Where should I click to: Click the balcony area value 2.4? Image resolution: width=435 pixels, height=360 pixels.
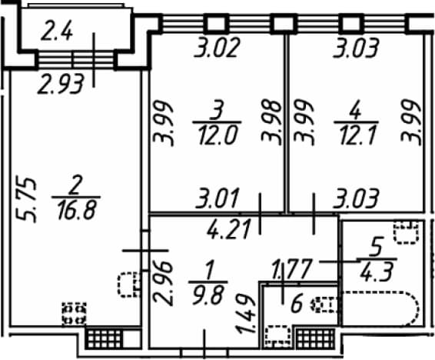pos(57,32)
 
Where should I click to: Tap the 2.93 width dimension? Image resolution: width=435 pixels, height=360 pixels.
pos(61,84)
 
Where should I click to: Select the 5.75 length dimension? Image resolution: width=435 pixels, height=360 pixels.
pos(26,199)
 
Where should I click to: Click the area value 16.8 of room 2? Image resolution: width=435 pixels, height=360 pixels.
pos(77,211)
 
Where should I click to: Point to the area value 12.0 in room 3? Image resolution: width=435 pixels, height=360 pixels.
pos(218,136)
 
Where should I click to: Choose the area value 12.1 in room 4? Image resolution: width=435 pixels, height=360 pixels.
pos(357,136)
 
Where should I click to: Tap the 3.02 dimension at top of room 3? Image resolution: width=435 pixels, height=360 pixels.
pos(217,48)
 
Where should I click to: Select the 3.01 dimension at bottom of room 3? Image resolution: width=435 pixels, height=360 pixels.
pos(217,198)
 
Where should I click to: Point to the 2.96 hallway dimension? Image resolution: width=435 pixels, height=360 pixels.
pos(164,283)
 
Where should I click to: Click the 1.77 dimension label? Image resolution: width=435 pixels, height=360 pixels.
pos(292,269)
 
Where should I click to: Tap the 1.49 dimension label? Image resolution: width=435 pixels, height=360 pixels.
pos(245,314)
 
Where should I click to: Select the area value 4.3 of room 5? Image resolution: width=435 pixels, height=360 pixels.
pos(377,272)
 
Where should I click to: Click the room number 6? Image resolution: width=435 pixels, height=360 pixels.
pos(297,304)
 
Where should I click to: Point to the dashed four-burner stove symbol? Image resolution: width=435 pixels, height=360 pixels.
pos(74,314)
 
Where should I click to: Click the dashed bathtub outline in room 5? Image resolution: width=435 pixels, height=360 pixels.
pos(380,308)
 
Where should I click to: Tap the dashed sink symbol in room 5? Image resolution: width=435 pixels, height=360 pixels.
pos(407,232)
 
